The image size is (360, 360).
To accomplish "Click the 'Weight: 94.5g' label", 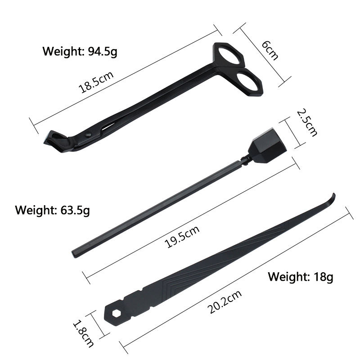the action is tap(80, 51).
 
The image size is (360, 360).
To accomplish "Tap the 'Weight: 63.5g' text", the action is tap(52, 210).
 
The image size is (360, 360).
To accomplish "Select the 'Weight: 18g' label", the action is tap(301, 277).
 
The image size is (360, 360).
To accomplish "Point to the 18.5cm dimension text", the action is tap(96, 82).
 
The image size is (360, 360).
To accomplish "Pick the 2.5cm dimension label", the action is tap(307, 122).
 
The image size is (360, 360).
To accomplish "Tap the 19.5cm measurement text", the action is tap(182, 237).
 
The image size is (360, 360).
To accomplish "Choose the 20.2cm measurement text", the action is tap(225, 301).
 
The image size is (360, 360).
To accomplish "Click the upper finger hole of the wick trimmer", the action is tap(230, 56).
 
